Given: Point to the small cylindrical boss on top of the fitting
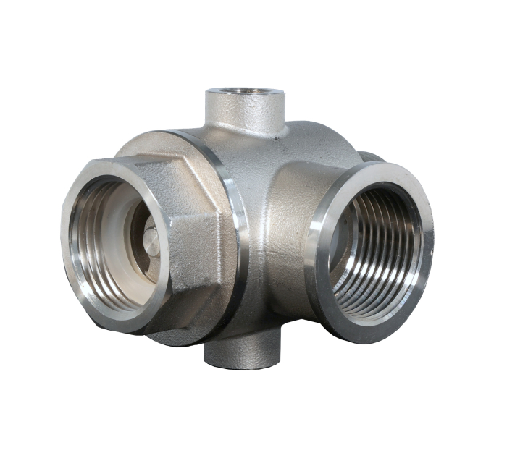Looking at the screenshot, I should [x=245, y=112].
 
